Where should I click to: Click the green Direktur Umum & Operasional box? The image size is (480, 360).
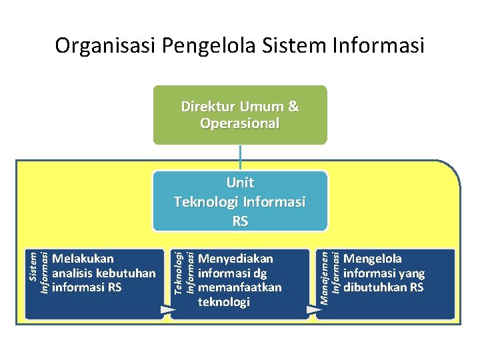click(x=240, y=115)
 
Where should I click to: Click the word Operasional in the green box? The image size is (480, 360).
click(x=240, y=124)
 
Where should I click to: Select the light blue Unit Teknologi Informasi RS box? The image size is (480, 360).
click(x=240, y=201)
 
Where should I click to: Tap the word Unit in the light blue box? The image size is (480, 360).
click(x=240, y=183)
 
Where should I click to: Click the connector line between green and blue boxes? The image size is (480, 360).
click(x=240, y=157)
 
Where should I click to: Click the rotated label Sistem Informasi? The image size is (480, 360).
click(x=39, y=271)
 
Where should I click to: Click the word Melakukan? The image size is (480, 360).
click(x=83, y=259)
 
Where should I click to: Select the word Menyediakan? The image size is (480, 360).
click(x=236, y=259)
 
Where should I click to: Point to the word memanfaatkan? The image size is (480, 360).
click(x=240, y=287)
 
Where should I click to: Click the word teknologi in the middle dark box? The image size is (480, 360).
click(x=224, y=302)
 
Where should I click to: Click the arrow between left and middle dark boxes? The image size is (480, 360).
click(x=166, y=309)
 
